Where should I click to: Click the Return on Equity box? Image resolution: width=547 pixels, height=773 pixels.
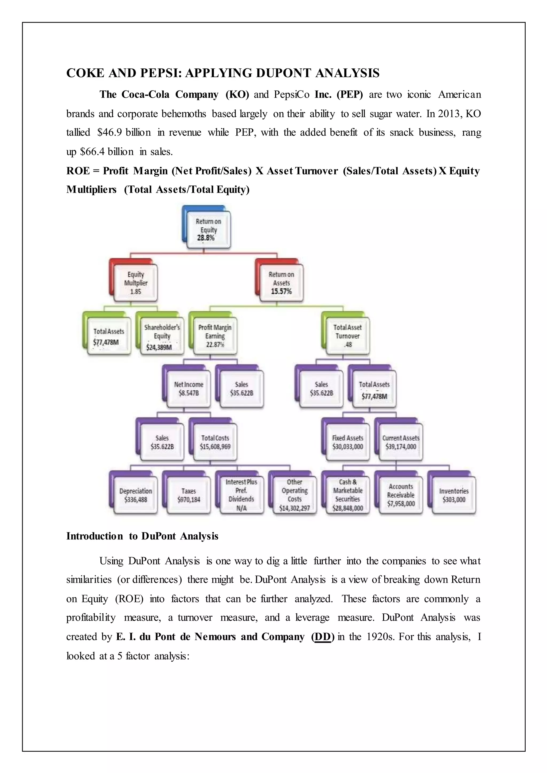click(209, 230)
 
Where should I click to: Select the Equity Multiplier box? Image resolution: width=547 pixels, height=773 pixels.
click(136, 283)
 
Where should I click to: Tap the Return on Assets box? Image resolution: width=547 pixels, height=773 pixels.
click(281, 283)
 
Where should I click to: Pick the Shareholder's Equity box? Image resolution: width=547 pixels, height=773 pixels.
click(162, 336)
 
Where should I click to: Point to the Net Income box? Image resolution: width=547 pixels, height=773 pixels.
click(189, 389)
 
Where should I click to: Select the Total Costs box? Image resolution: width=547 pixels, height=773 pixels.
click(215, 442)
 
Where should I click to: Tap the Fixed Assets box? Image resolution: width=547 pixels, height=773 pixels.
click(347, 442)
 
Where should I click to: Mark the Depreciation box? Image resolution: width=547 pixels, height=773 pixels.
click(136, 495)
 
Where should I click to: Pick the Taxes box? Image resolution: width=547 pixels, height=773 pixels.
click(189, 495)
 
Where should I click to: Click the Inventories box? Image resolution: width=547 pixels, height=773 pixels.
click(454, 495)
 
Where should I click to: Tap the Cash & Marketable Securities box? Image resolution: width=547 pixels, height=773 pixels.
click(347, 495)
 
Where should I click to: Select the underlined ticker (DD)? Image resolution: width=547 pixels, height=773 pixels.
click(323, 637)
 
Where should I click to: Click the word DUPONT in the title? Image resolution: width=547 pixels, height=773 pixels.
click(284, 73)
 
